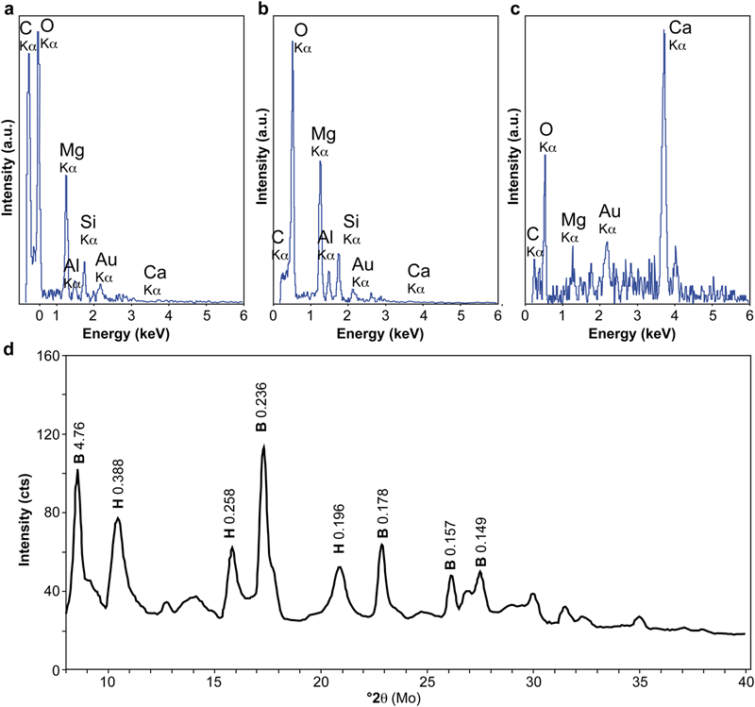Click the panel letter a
(8, 9)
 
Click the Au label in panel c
(609, 217)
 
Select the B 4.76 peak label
(79, 446)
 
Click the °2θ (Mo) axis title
(402, 699)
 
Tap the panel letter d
(8, 350)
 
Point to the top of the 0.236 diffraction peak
(264, 446)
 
